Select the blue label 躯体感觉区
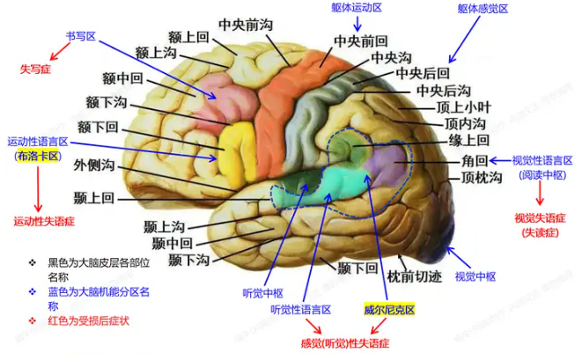click(483, 8)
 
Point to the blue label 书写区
click(80, 38)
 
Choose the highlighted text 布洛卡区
click(37, 156)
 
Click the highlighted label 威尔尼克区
click(389, 311)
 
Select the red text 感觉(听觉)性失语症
click(345, 342)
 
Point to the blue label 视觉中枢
click(473, 276)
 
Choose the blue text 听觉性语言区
click(300, 310)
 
